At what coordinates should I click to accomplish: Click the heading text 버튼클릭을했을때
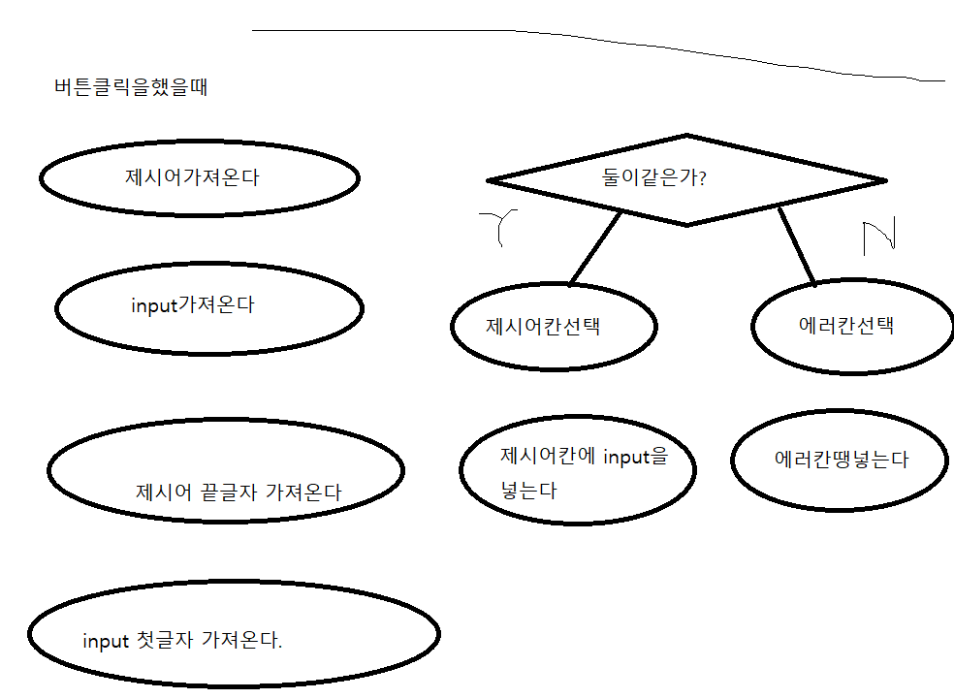click(x=131, y=88)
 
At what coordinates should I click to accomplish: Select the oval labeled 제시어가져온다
click(x=199, y=178)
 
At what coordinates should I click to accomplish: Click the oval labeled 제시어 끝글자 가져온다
click(x=225, y=470)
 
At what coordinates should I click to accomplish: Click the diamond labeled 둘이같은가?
click(x=686, y=180)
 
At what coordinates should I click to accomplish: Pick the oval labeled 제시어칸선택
click(x=554, y=326)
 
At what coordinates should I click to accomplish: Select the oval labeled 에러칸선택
click(x=852, y=326)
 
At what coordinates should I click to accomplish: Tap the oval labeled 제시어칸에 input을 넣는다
click(x=578, y=469)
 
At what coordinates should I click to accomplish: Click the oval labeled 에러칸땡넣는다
click(x=839, y=461)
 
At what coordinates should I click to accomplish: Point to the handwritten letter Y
click(x=502, y=227)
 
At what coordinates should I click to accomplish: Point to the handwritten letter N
click(x=878, y=237)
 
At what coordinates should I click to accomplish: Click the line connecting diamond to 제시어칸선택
click(x=595, y=248)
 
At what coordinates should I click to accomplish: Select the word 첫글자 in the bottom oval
click(x=165, y=641)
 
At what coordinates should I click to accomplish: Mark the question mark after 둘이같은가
click(x=700, y=178)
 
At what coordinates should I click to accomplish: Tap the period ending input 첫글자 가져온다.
click(x=280, y=647)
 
